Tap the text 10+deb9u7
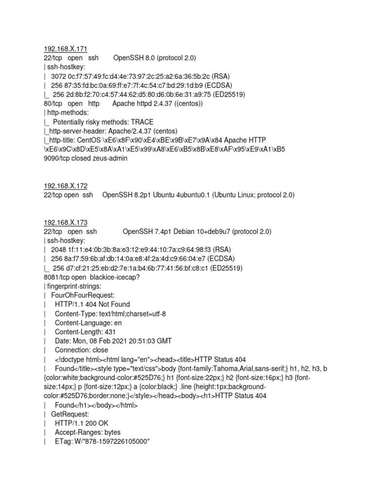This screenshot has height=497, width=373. click(x=208, y=232)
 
